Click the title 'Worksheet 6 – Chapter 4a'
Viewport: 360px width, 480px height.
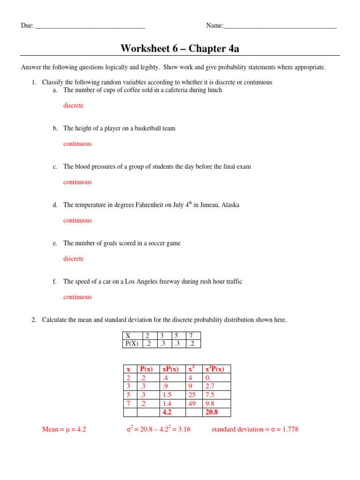(x=180, y=48)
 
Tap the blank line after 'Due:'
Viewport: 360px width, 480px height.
(x=90, y=26)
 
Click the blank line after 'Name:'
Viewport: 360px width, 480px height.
(x=280, y=26)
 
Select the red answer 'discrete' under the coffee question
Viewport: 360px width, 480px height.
(x=73, y=105)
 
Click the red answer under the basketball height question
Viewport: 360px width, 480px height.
(x=77, y=144)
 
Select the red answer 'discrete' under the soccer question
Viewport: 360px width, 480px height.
(x=73, y=259)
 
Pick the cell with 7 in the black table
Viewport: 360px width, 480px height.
(x=191, y=336)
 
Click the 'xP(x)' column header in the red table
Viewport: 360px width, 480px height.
(x=170, y=369)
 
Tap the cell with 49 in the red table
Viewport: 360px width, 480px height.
(x=192, y=404)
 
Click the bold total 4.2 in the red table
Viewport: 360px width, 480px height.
(x=166, y=412)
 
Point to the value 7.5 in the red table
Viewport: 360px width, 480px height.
(x=210, y=395)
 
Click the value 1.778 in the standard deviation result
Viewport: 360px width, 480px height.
(x=289, y=429)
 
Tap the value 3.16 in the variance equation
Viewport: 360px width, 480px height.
(x=181, y=429)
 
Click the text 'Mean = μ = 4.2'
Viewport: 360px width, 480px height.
(x=64, y=429)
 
